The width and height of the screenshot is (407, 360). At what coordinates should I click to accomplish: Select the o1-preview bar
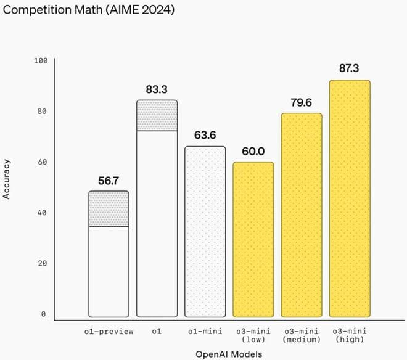click(109, 259)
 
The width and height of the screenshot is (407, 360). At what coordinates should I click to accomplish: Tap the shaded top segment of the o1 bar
click(157, 116)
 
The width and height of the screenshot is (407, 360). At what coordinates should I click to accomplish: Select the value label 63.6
click(205, 136)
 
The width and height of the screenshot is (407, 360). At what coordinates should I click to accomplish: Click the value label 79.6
click(302, 102)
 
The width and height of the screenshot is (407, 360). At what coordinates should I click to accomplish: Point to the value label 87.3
click(350, 68)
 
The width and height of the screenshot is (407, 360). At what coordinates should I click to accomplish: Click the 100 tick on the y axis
click(41, 60)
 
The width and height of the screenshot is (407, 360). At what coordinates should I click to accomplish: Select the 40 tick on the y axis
click(43, 213)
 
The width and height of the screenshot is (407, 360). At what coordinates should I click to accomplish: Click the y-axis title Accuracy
click(8, 179)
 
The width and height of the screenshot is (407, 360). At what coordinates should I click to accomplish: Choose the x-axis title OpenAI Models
click(229, 354)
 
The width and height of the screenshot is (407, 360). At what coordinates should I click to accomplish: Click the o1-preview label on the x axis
click(109, 332)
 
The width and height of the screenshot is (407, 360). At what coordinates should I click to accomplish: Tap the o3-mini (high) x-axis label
click(350, 335)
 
